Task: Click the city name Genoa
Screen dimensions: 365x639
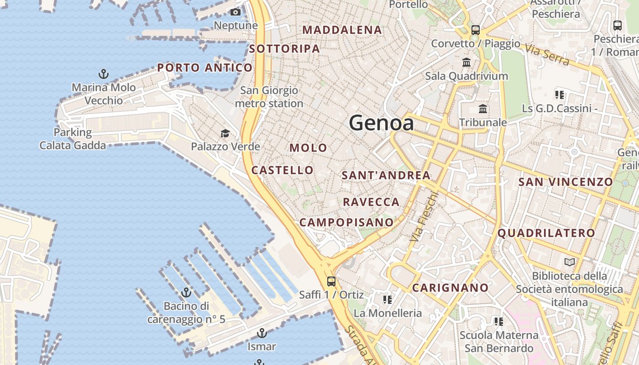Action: [x=381, y=123]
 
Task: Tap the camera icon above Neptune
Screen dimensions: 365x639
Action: [x=236, y=12]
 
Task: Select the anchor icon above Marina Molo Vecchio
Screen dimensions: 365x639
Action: [x=104, y=73]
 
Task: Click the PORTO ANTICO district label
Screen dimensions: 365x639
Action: [x=205, y=68]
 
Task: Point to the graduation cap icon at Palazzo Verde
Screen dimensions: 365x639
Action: [x=225, y=133]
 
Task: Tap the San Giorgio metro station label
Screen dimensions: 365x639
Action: [x=269, y=97]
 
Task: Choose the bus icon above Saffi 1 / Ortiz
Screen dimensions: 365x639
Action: [x=331, y=282]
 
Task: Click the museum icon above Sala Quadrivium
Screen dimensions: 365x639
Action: [x=466, y=62]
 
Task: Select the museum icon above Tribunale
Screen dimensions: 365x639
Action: [x=483, y=109]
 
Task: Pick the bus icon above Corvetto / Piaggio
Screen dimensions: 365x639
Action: [x=476, y=30]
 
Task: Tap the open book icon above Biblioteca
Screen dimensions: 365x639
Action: [x=569, y=262]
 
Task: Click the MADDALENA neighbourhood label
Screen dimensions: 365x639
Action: [x=342, y=30]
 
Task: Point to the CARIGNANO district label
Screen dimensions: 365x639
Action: [x=450, y=288]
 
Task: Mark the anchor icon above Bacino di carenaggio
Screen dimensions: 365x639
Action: [x=186, y=292]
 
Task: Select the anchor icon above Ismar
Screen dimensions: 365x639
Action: [x=262, y=333]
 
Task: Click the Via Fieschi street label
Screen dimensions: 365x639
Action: [x=424, y=217]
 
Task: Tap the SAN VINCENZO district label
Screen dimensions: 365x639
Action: [x=566, y=182]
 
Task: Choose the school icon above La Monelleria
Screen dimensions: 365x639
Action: [x=388, y=300]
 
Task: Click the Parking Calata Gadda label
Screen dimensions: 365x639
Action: [x=73, y=139]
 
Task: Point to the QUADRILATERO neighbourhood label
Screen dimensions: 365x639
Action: [x=546, y=233]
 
